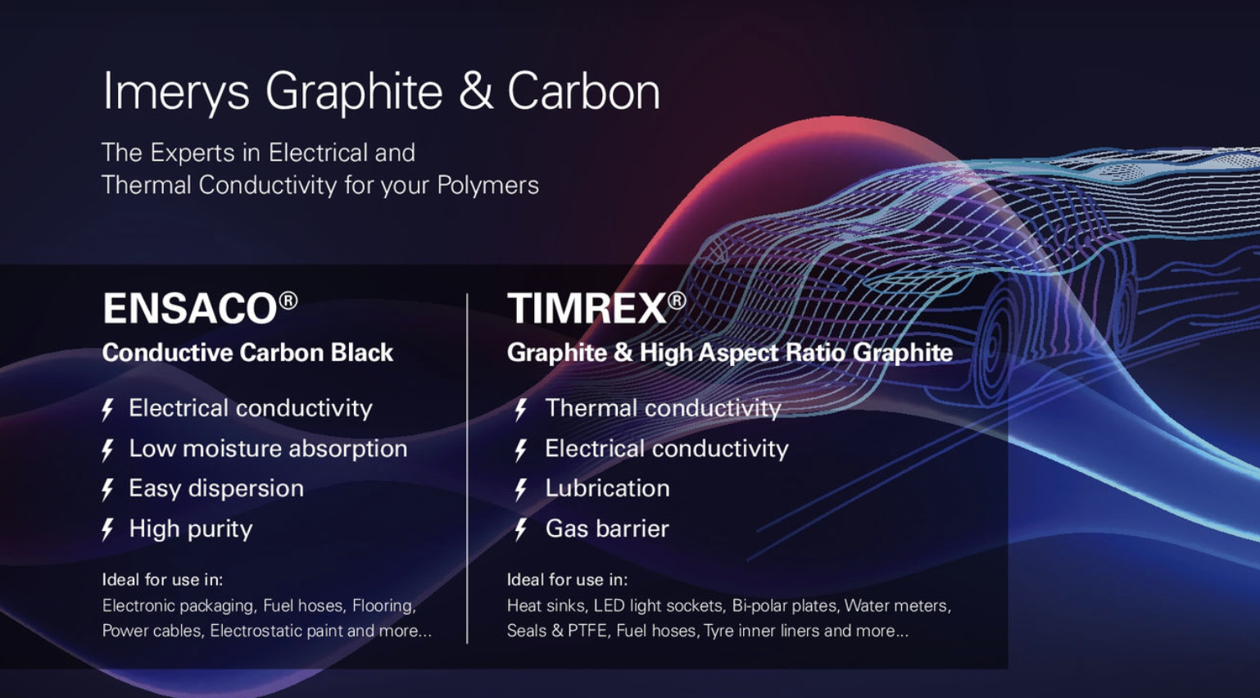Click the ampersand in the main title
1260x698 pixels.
click(475, 91)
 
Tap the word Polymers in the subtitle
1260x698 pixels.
click(487, 186)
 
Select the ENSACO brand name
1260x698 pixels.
click(190, 309)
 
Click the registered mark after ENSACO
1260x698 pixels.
click(288, 301)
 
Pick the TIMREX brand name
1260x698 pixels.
click(587, 309)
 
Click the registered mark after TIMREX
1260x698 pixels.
click(677, 301)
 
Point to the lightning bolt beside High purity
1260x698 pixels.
click(107, 529)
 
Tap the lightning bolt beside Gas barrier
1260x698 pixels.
click(521, 529)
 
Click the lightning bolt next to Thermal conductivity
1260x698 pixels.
click(521, 410)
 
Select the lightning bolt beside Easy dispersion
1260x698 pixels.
click(107, 489)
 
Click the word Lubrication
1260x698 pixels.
click(608, 488)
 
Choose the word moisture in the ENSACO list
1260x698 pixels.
click(233, 449)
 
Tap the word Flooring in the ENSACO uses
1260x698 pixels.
click(384, 605)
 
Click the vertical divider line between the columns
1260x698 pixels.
click(467, 469)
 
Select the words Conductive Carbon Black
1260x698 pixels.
click(247, 352)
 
